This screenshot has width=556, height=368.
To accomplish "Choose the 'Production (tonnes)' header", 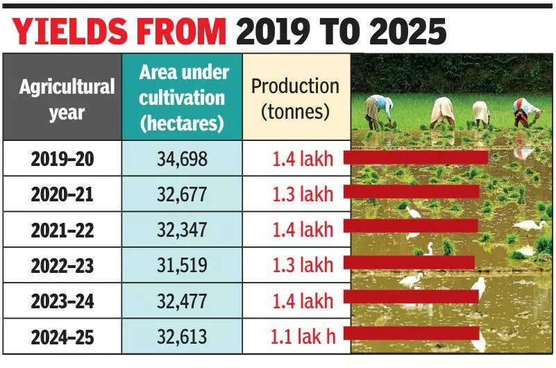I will (295, 98).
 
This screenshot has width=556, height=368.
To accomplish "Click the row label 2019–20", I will (62, 158).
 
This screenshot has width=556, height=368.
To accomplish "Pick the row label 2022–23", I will (62, 265).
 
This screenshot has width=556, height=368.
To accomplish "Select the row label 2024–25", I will (62, 337).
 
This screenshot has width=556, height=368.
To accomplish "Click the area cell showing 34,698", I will (182, 158).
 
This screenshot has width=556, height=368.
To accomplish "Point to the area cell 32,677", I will (182, 194).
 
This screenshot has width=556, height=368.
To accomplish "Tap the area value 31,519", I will (182, 265).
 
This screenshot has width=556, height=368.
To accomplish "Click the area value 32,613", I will (182, 337).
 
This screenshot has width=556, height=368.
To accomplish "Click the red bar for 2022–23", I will (409, 262).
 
